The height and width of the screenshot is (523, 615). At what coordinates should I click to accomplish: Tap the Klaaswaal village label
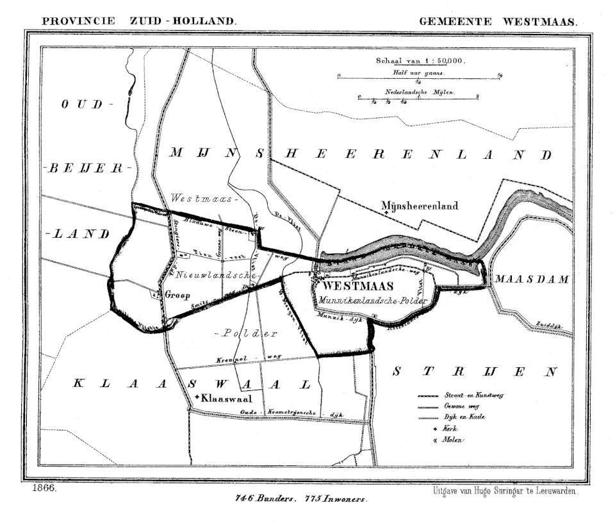224,398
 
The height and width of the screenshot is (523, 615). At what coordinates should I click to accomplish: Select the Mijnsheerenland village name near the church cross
419,206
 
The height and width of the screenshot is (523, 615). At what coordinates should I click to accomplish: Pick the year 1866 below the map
43,488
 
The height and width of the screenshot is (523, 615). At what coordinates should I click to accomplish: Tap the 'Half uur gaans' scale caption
418,73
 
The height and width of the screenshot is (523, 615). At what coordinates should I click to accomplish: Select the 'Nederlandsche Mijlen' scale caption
419,92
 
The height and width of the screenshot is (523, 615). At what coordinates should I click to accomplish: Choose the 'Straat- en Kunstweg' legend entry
471,395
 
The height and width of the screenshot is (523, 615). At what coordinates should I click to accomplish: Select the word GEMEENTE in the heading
455,21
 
